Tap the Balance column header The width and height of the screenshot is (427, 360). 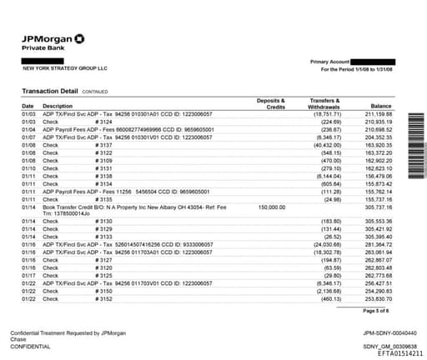(x=381, y=106)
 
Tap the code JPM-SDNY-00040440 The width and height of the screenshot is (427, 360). (x=384, y=332)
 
